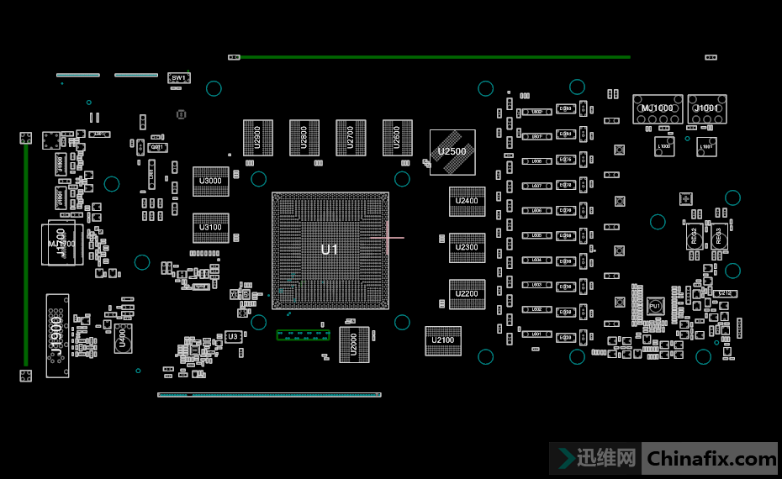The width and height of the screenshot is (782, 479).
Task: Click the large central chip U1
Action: (330, 250)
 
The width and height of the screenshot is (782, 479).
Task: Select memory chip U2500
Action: (452, 152)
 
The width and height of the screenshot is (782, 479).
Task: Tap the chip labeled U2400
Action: (467, 201)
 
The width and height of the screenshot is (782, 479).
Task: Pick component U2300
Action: (467, 248)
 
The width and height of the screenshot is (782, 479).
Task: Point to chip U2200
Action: (467, 294)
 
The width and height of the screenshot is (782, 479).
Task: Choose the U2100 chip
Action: (442, 340)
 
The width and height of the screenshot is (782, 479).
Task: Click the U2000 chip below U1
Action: (353, 344)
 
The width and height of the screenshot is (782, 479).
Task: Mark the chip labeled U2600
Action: (397, 138)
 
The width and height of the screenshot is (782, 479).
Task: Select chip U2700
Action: (351, 138)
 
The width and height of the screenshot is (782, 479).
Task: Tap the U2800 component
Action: (304, 138)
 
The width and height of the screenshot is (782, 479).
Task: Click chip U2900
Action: (257, 138)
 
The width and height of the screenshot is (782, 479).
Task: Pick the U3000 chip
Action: (210, 182)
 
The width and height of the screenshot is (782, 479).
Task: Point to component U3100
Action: (210, 228)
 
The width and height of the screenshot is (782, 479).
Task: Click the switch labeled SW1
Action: (178, 78)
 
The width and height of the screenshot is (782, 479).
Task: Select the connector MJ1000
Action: (658, 109)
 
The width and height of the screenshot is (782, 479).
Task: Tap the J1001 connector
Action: (706, 109)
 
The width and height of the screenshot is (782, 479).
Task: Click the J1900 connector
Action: (57, 335)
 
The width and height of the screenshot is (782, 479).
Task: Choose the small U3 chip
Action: (233, 337)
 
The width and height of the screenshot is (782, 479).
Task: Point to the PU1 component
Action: (655, 308)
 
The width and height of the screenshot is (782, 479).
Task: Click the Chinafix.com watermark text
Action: (711, 459)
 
